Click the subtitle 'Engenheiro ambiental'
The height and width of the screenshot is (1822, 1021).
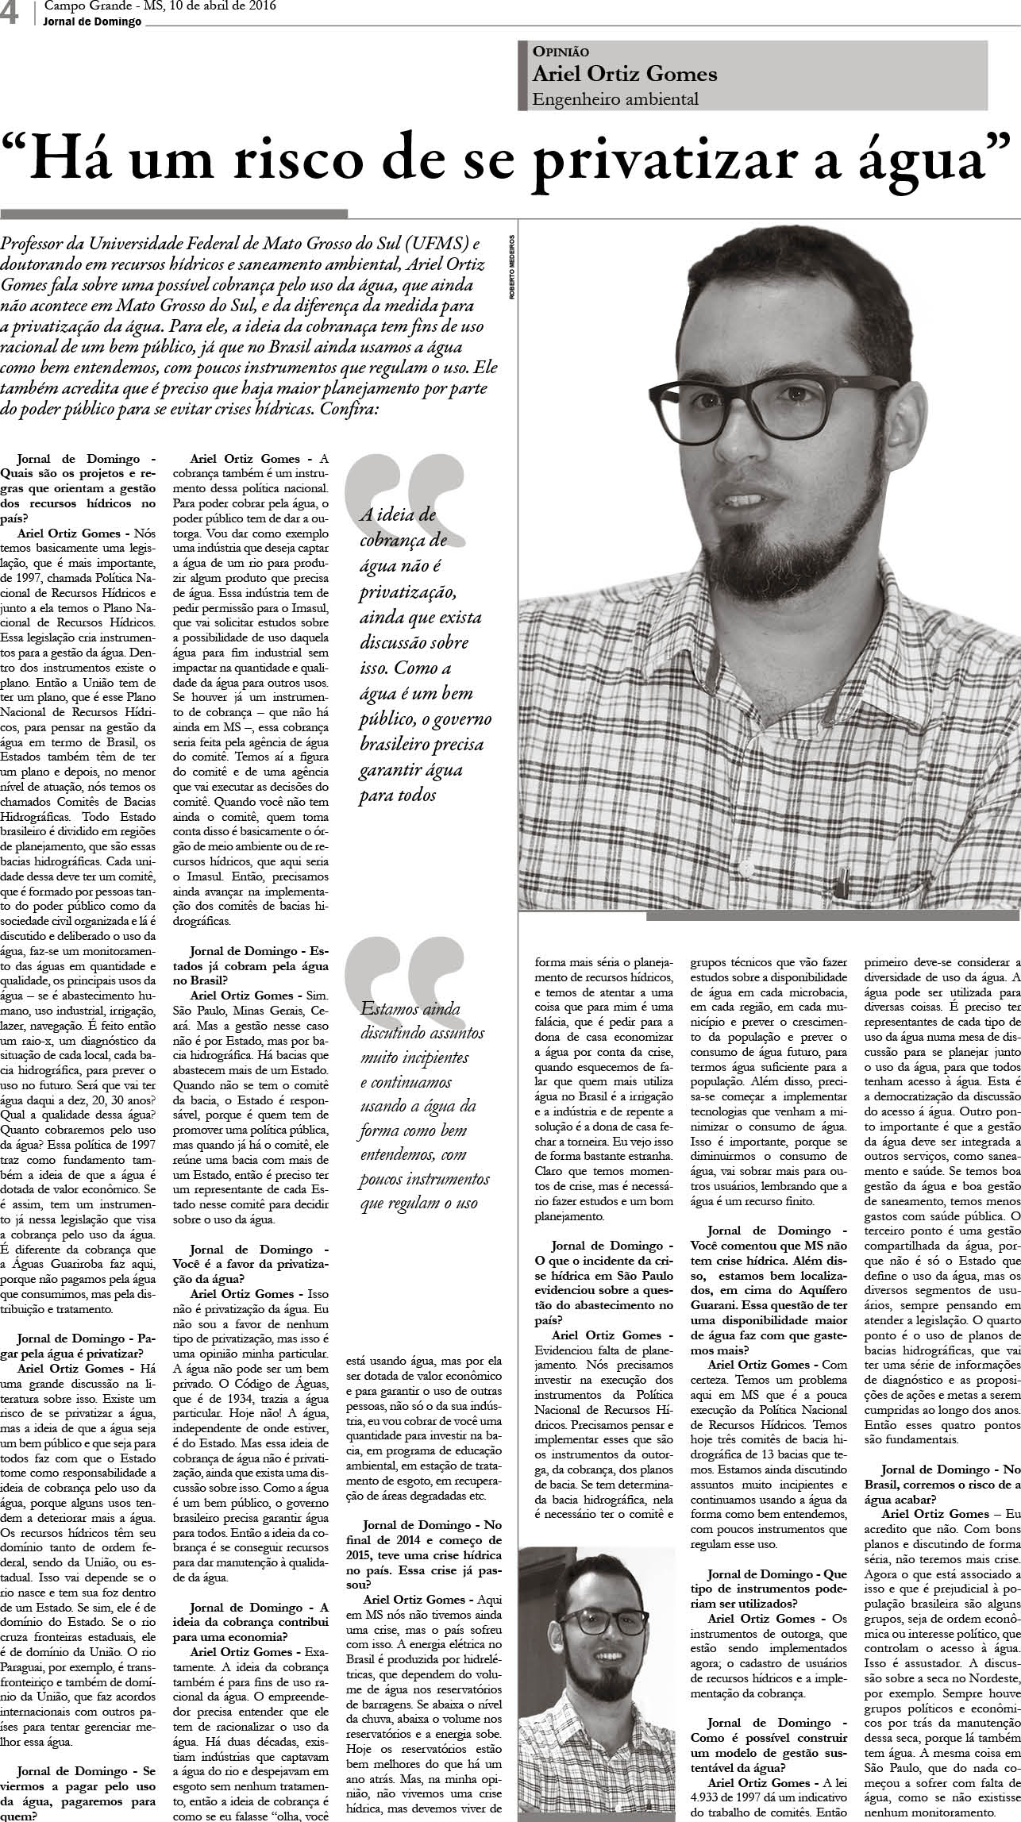(x=615, y=99)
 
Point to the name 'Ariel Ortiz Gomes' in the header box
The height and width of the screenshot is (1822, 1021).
(x=625, y=74)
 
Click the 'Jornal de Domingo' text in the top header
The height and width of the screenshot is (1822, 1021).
(x=93, y=22)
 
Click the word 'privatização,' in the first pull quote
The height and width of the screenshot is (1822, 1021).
(x=406, y=592)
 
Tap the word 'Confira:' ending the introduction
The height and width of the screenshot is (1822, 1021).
(x=349, y=410)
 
